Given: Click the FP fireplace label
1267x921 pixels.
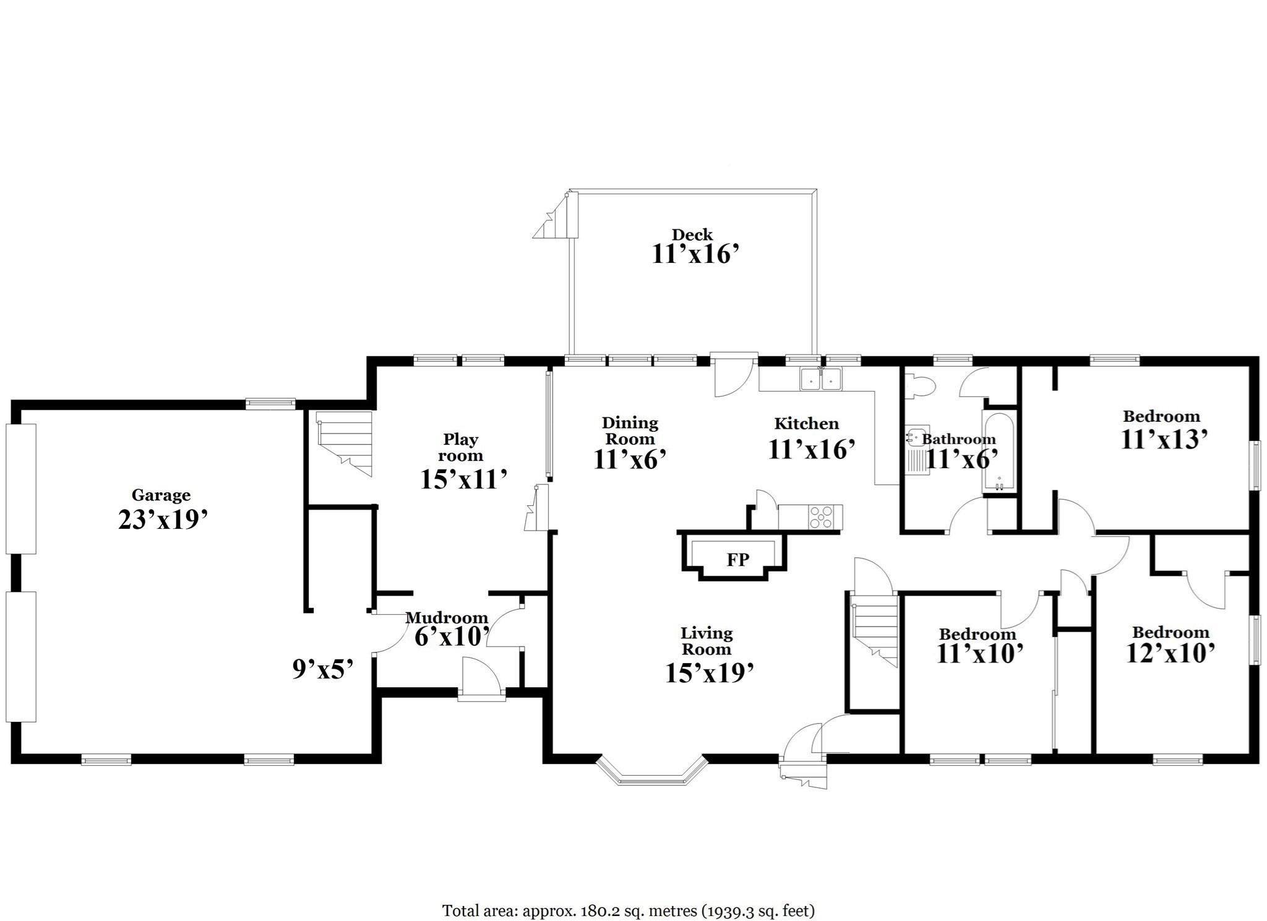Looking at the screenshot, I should coord(737,560).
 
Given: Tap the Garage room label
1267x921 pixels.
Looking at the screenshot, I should coord(161,495).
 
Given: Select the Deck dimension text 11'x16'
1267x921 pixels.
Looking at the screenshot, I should coord(695,254).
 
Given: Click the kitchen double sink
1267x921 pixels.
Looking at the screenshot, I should coord(821,379).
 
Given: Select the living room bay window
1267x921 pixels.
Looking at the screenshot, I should coord(651,771).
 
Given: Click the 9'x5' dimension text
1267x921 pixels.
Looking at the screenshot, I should coord(322,669).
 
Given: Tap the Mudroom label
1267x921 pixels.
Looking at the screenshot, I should coord(446,617).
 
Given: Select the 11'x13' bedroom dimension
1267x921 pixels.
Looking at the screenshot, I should coord(1164,439).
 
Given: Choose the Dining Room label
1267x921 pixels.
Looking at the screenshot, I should coord(630,431).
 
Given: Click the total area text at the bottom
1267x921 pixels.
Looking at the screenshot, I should coord(628,893).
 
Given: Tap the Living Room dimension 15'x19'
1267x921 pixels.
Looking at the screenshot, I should coord(709,674).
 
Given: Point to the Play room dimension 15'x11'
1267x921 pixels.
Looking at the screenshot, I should coord(464,479).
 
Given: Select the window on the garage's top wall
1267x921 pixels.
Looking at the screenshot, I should coord(270,404).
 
